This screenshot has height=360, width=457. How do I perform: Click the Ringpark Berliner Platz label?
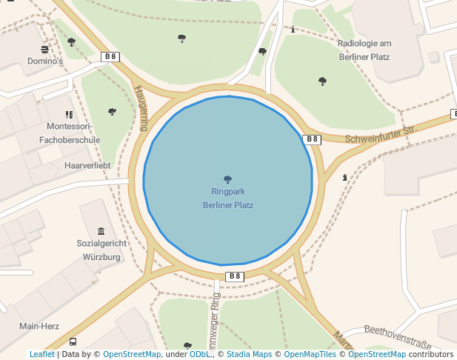click(227, 198)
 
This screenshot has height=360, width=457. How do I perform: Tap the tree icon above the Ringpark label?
click(227, 179)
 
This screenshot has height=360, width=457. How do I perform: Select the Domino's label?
click(45, 61)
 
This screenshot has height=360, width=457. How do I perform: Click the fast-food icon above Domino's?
click(45, 50)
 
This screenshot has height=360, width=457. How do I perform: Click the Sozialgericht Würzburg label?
click(101, 250)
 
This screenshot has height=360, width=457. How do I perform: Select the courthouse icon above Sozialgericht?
click(101, 231)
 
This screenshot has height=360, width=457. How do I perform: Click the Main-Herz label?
click(39, 326)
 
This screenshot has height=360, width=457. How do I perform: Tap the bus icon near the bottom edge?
click(73, 342)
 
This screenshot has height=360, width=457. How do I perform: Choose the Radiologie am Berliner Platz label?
click(364, 50)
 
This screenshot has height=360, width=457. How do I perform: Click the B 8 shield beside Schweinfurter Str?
click(312, 139)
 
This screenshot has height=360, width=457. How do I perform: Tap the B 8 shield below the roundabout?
click(234, 276)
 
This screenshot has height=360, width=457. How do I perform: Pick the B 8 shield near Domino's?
click(110, 56)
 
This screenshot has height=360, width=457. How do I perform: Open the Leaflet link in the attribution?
click(41, 355)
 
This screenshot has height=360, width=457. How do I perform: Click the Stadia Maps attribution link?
click(249, 355)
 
